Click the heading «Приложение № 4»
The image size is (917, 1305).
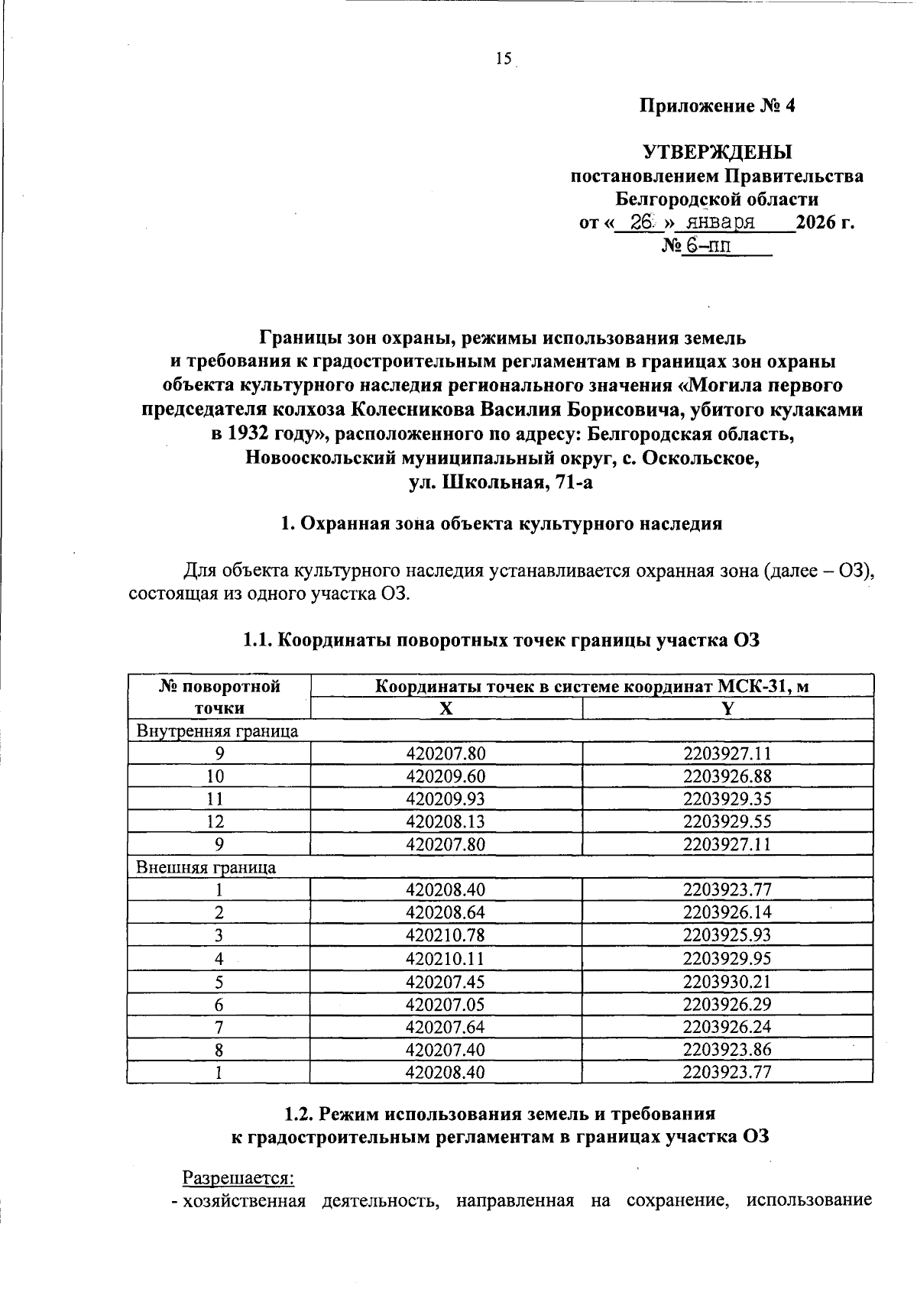pyautogui.click(x=717, y=105)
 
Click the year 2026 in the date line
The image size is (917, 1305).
pyautogui.click(x=817, y=223)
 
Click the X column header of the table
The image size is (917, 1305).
pyautogui.click(x=446, y=708)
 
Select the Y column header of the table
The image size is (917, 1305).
pyautogui.click(x=727, y=708)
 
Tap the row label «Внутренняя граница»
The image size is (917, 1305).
pyautogui.click(x=216, y=730)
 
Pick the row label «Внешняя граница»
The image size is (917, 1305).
pyautogui.click(x=206, y=867)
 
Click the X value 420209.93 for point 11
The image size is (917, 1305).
pyautogui.click(x=446, y=799)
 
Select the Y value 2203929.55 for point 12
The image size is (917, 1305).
pyautogui.click(x=727, y=821)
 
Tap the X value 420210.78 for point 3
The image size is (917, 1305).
pyautogui.click(x=446, y=935)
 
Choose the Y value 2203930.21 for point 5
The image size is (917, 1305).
pyautogui.click(x=727, y=981)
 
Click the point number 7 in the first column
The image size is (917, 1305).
pyautogui.click(x=219, y=1027)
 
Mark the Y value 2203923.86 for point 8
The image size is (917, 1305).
pyautogui.click(x=727, y=1050)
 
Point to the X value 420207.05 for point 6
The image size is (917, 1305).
pyautogui.click(x=446, y=1004)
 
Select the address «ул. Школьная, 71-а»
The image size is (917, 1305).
pyautogui.click(x=501, y=482)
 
